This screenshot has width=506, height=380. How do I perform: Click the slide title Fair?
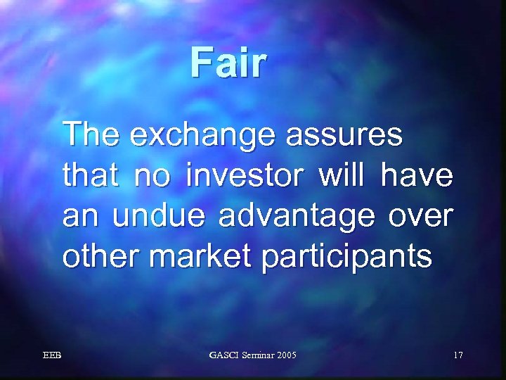tap(228, 63)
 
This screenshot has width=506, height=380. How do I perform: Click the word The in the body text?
tap(90, 134)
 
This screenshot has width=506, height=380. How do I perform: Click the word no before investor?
tap(150, 175)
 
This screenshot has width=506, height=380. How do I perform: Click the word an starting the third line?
tap(78, 217)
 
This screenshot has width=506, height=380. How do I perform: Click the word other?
tap(103, 257)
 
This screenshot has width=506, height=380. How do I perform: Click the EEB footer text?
tap(52, 356)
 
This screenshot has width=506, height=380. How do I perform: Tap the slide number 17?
tap(458, 356)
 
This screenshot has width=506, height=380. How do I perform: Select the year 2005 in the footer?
tap(283, 356)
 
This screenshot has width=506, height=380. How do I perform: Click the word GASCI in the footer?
tap(223, 356)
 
